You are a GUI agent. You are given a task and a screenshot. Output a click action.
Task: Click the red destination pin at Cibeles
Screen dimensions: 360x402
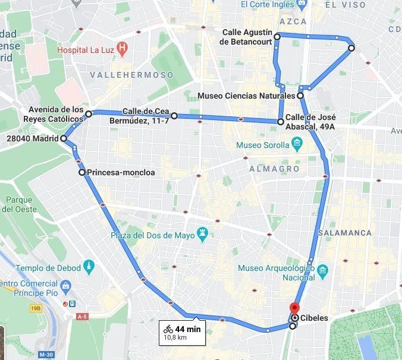coord(293,308)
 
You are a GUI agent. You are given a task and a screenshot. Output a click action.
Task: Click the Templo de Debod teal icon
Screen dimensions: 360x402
coord(89,265)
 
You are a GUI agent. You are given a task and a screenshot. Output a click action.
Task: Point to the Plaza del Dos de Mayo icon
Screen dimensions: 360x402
coord(204,231)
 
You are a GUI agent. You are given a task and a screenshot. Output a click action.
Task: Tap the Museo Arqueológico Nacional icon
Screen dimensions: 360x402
coord(323,271)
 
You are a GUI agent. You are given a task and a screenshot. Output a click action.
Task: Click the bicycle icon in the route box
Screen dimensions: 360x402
coord(168,329)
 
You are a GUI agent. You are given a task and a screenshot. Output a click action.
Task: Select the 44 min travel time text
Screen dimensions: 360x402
coord(188,329)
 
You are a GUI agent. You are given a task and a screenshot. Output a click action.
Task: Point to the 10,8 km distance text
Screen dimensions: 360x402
coord(175,337)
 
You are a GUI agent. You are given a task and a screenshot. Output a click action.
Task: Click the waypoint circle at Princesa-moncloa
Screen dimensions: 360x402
coord(82,173)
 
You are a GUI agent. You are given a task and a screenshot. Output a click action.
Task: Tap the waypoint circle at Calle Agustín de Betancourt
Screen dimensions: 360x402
coord(277,37)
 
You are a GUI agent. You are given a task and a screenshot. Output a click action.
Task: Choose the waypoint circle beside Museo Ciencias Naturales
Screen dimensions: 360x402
coord(300,96)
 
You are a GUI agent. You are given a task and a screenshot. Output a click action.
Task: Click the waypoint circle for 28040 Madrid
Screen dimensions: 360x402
coord(64,139)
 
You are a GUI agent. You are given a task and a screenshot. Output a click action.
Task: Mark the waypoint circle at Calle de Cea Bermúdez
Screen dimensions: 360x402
coord(174,116)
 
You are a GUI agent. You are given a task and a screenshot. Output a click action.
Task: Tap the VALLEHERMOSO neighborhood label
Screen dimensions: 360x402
coord(131,75)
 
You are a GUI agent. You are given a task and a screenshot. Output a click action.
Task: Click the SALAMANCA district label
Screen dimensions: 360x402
coord(345,233)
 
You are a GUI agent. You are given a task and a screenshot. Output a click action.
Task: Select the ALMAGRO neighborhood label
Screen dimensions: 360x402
coord(274,169)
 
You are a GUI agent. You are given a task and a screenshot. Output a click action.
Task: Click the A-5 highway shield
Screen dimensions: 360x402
coord(82,317)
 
